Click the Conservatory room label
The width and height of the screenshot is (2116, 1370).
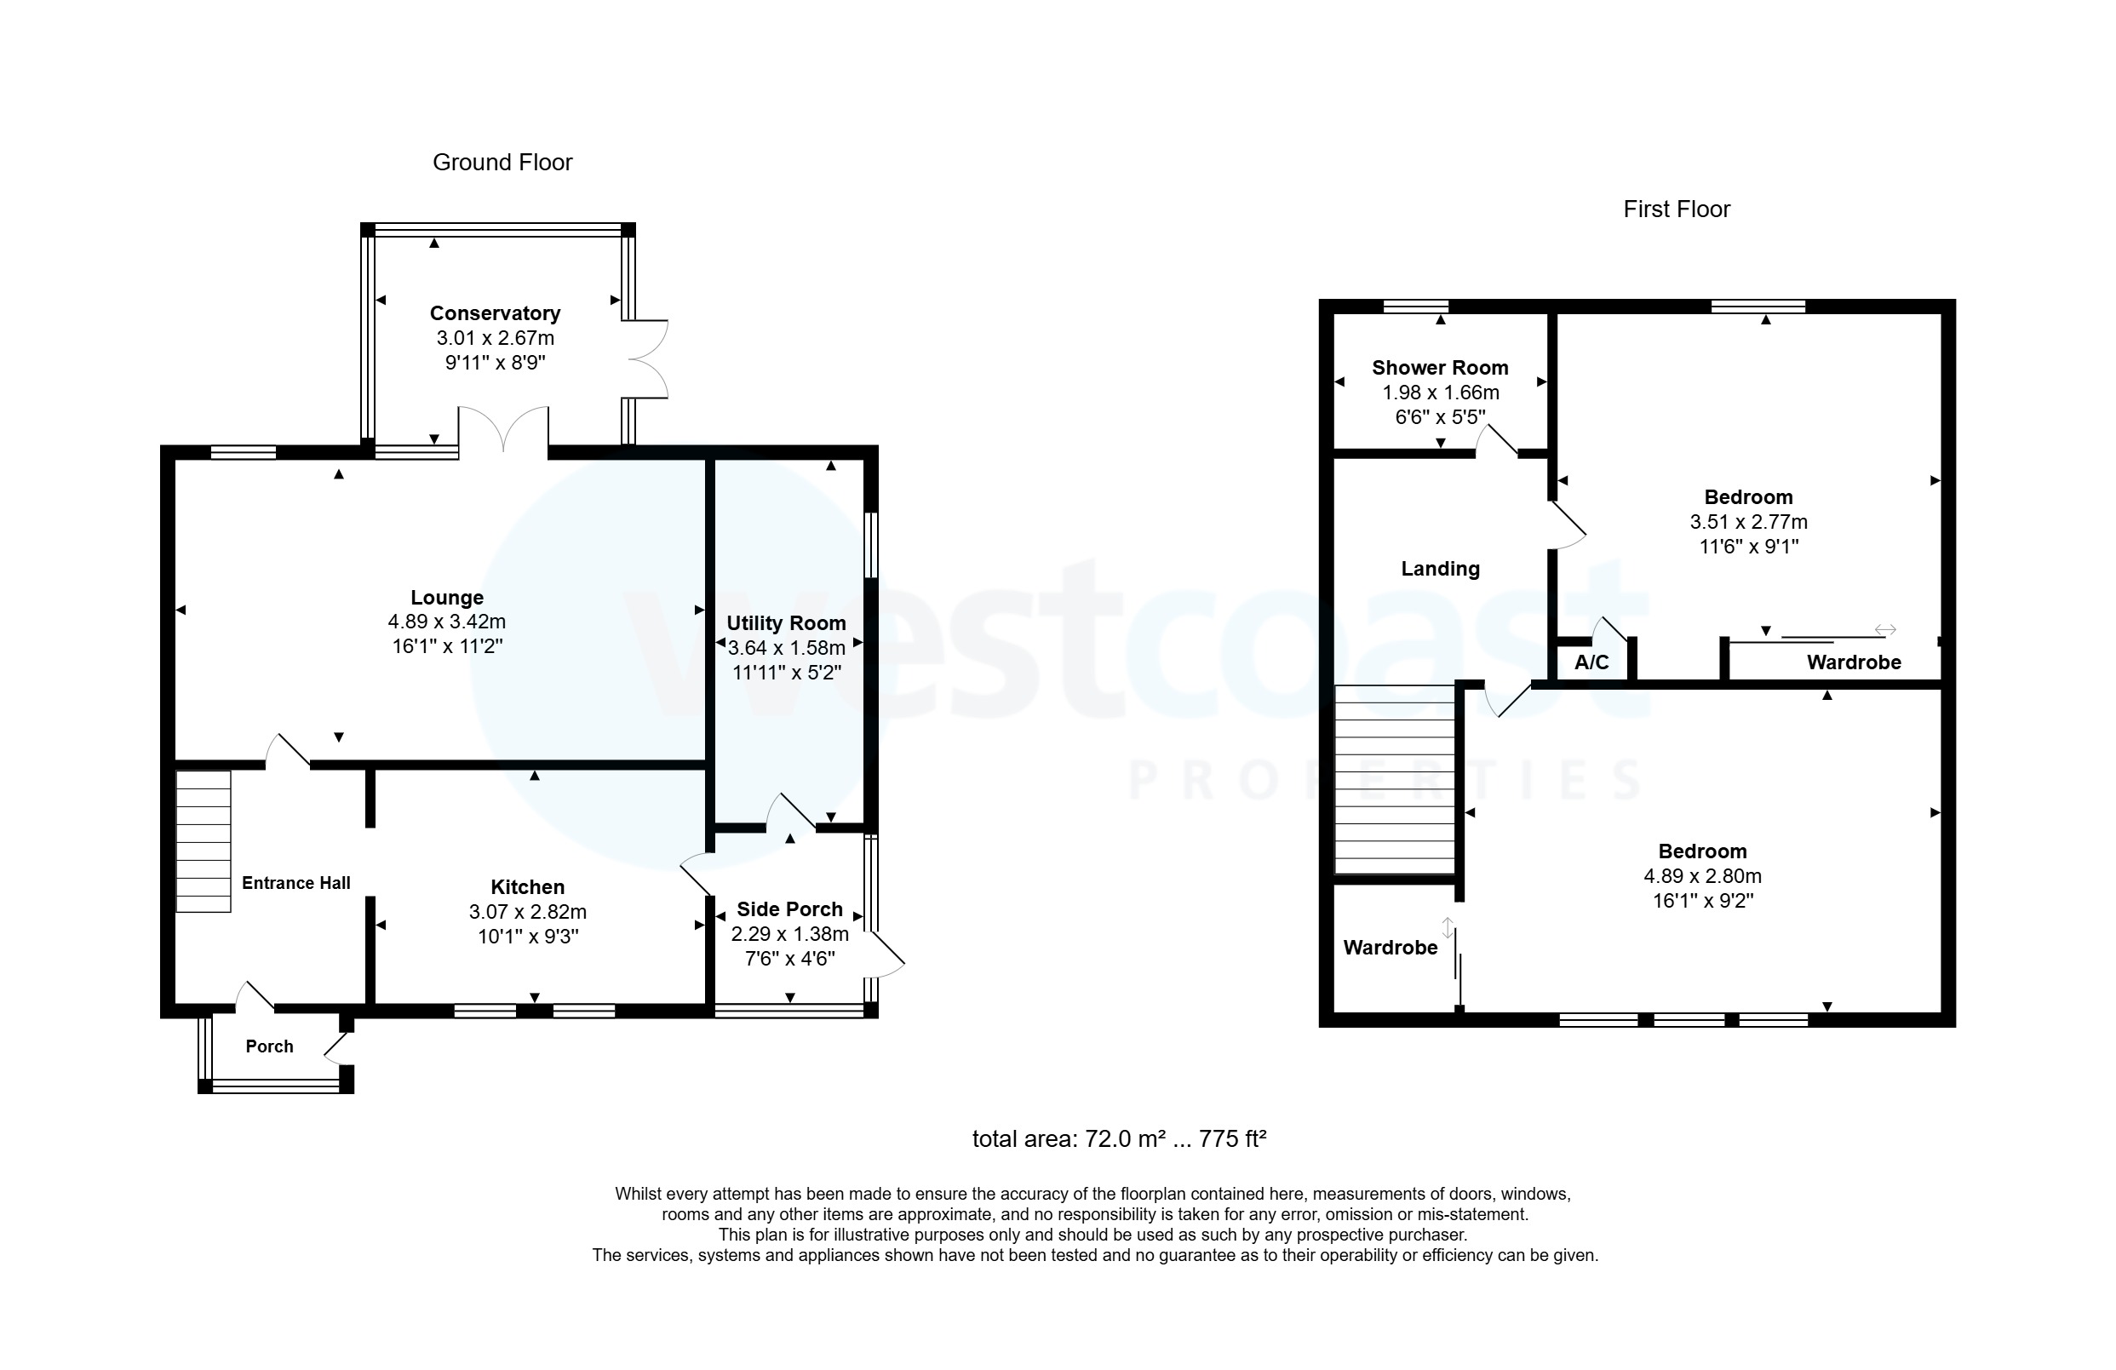click(495, 313)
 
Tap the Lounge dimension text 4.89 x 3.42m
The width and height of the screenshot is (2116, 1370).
click(446, 622)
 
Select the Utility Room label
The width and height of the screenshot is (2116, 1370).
click(786, 623)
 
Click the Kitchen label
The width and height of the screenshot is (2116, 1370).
click(527, 886)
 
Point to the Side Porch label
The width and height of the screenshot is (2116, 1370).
click(789, 909)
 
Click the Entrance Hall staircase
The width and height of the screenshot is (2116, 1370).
click(204, 841)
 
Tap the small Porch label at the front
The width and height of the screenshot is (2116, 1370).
click(269, 1046)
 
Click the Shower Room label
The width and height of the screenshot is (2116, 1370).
click(1439, 367)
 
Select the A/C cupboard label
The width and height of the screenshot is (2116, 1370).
click(1591, 662)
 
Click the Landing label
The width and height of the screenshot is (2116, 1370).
click(1439, 569)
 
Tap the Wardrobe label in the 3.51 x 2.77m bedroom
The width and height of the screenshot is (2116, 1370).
click(1854, 662)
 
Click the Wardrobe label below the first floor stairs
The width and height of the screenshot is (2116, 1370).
click(1390, 948)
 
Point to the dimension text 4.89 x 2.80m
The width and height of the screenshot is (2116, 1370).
click(1701, 875)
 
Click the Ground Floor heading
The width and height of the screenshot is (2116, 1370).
click(502, 162)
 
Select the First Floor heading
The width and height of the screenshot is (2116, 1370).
click(1676, 209)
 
